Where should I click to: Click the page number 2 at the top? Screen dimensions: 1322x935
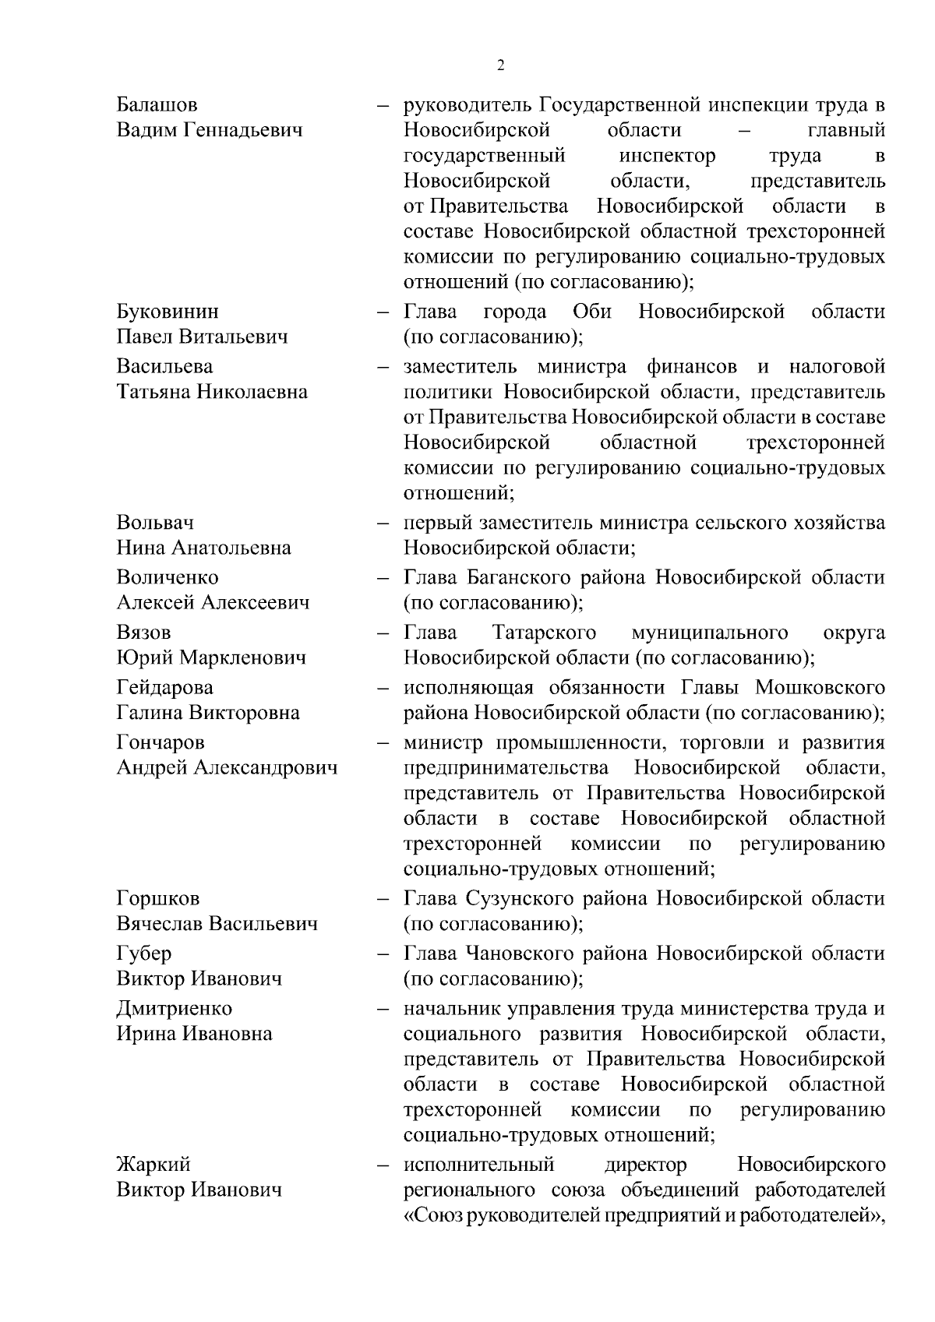pos(500,65)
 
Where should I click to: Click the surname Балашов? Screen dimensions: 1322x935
pos(157,104)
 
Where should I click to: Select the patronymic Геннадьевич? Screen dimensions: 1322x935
pos(242,130)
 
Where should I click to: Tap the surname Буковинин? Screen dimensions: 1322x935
pos(168,312)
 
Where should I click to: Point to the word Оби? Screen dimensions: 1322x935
pos(591,312)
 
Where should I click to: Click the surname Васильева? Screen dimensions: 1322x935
pos(164,366)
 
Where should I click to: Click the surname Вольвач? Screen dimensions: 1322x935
pos(155,522)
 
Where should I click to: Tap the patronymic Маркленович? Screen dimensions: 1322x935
pos(242,657)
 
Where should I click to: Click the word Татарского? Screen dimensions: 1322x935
pos(545,632)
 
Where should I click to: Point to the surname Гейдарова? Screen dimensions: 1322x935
pos(164,687)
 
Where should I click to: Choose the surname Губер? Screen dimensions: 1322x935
pos(144,953)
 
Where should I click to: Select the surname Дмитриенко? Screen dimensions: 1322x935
pos(175,1008)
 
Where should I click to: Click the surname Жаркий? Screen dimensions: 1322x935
pos(153,1165)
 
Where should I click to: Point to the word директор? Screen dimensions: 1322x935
pos(646,1165)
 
